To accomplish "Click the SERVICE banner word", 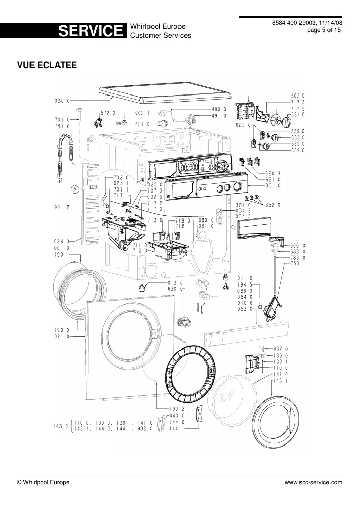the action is click(x=91, y=31).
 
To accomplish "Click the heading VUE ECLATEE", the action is click(x=47, y=65).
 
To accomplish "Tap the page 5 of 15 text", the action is click(x=324, y=30).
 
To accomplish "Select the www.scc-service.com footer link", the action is click(x=313, y=482).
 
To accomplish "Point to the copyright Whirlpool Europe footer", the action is click(x=43, y=482).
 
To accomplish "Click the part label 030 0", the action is click(x=62, y=101).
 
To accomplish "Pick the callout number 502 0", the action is click(x=297, y=96).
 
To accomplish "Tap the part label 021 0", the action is click(x=62, y=337).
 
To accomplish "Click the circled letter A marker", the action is click(x=75, y=189).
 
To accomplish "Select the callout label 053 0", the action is click(x=245, y=309).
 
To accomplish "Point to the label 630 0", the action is click(x=175, y=289).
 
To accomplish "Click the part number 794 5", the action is click(x=245, y=284).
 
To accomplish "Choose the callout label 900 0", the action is click(x=297, y=246).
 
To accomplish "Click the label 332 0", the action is click(x=273, y=205).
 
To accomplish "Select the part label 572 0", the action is click(x=108, y=113).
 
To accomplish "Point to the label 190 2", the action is click(x=177, y=409).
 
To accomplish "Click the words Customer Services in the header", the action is click(x=161, y=36).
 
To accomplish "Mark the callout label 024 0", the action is click(x=62, y=241).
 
